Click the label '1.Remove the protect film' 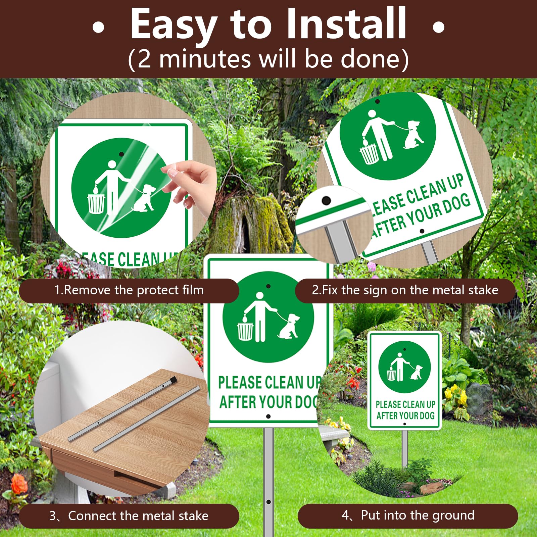click(129, 290)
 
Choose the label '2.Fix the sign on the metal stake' click(405, 290)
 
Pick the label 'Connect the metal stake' click(138, 516)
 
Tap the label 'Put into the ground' click(418, 515)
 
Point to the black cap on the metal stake click(173, 381)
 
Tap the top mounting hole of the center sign click(268, 286)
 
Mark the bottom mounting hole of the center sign click(268, 417)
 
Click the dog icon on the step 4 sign click(416, 372)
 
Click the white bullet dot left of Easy click(98, 27)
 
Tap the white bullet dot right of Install click(438, 27)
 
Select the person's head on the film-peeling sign click(112, 165)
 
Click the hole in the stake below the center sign click(268, 502)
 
